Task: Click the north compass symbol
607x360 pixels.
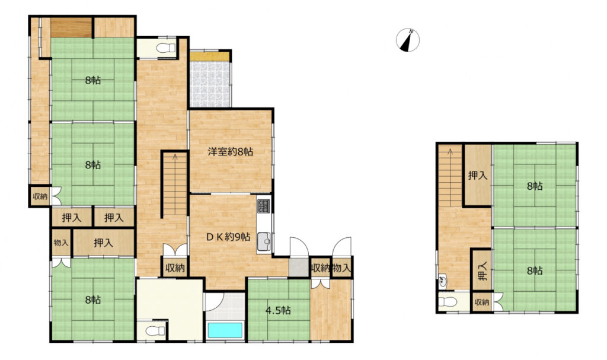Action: (408, 40)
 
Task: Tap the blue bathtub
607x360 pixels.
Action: (225, 330)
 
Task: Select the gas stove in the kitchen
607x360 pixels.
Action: (264, 206)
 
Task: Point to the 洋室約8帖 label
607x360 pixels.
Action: (231, 151)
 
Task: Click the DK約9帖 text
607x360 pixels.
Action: (228, 237)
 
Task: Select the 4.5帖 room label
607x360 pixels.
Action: (279, 310)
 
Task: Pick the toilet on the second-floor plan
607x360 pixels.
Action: (449, 301)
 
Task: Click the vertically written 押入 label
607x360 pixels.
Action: (481, 270)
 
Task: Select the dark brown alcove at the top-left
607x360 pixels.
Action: (71, 27)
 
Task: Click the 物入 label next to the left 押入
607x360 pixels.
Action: (61, 243)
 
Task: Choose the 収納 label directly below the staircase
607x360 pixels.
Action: (175, 267)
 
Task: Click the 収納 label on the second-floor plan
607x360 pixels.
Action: (482, 302)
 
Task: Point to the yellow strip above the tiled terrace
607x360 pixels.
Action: (209, 56)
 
